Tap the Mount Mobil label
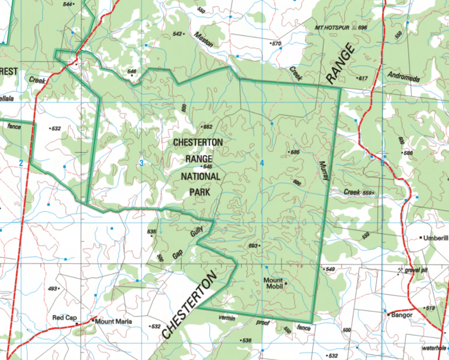(273, 283)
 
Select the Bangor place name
(401, 314)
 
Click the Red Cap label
(64, 317)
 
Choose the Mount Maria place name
(113, 321)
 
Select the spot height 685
(294, 152)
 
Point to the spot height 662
(207, 127)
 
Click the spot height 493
(53, 289)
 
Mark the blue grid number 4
(262, 163)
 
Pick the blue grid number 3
(141, 163)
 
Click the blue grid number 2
(21, 163)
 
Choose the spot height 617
(363, 78)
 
